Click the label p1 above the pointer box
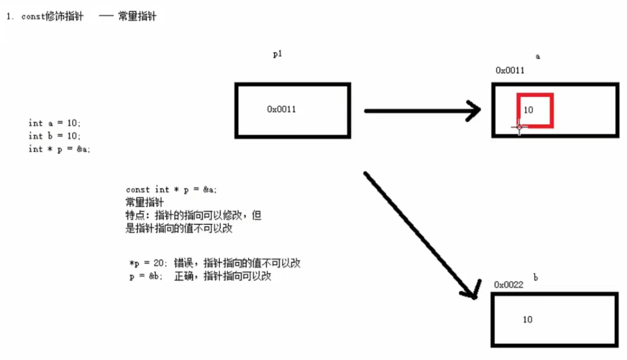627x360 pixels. point(278,54)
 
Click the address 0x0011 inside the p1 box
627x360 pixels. point(281,109)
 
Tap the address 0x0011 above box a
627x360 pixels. point(510,70)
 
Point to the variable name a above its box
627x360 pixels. point(538,57)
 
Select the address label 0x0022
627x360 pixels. point(508,284)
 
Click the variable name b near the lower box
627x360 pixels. point(536,278)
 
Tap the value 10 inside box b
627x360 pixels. point(528,320)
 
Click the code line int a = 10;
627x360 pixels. point(55,123)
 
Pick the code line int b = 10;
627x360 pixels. point(55,136)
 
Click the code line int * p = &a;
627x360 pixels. point(59,149)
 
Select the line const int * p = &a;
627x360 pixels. point(171,189)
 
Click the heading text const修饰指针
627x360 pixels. point(52,17)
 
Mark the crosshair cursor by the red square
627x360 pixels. point(519,127)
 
